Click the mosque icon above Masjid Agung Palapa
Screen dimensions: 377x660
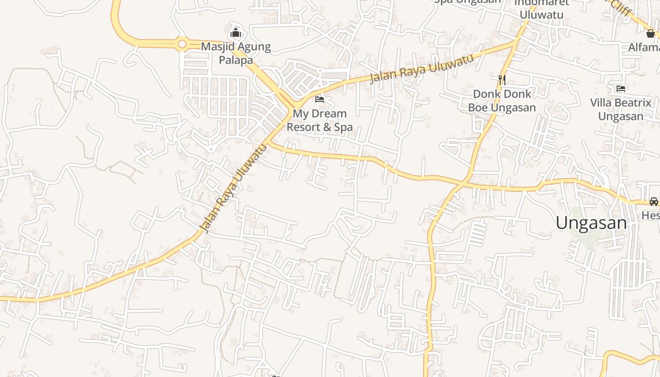point(235,33)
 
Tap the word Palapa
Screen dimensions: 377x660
point(236,60)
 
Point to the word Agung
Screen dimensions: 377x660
point(255,47)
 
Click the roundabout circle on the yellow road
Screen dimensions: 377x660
point(182,44)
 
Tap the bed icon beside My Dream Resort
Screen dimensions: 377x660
point(320,99)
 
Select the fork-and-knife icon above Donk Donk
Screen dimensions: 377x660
point(502,80)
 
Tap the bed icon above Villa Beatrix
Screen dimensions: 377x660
point(620,89)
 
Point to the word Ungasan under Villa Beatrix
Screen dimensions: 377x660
point(620,116)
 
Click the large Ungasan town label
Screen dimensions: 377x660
point(591,223)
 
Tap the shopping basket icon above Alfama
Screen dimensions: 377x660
point(651,33)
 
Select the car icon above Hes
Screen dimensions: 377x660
point(653,202)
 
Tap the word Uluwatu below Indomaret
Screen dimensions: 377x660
point(542,15)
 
